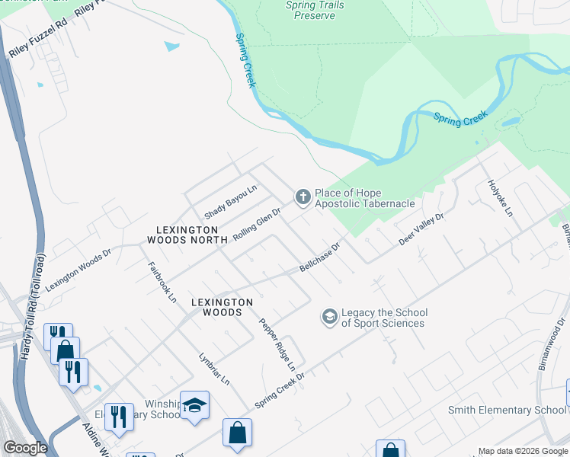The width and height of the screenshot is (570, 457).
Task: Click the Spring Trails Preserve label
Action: (x=315, y=10)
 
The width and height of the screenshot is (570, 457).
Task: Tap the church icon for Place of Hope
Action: (x=303, y=198)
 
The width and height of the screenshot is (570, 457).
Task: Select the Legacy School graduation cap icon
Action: (x=329, y=316)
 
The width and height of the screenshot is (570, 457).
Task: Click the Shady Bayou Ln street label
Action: (x=231, y=202)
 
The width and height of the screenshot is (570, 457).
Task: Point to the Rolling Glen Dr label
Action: (x=258, y=225)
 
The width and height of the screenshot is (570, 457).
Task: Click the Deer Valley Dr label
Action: (x=421, y=229)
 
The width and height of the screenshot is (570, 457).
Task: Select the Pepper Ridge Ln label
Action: (x=276, y=344)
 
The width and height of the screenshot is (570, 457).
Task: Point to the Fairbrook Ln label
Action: (x=161, y=280)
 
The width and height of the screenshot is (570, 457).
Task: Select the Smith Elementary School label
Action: (x=507, y=410)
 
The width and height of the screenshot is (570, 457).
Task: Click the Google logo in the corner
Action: (x=25, y=448)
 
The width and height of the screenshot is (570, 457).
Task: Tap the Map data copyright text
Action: (x=523, y=451)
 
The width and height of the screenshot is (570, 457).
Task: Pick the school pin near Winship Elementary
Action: (x=194, y=405)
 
